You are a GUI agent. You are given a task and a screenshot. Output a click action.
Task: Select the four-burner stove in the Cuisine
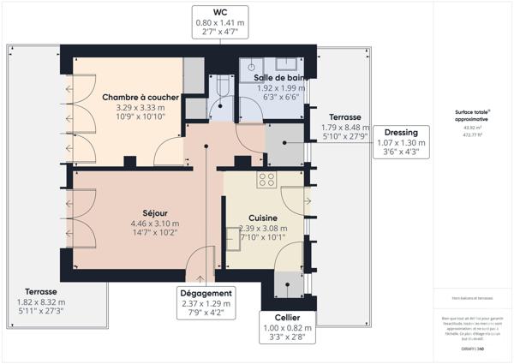coord(266,180)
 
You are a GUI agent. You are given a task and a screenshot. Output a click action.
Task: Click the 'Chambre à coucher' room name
coord(140,98)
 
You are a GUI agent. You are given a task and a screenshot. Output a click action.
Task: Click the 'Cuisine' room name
coord(264,218)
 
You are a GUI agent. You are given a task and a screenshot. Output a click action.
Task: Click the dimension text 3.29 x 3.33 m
coord(140,108)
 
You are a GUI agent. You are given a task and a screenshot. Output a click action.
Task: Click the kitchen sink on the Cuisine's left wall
coord(233,236)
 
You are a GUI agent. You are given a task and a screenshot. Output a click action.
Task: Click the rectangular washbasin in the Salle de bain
coord(252,65)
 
